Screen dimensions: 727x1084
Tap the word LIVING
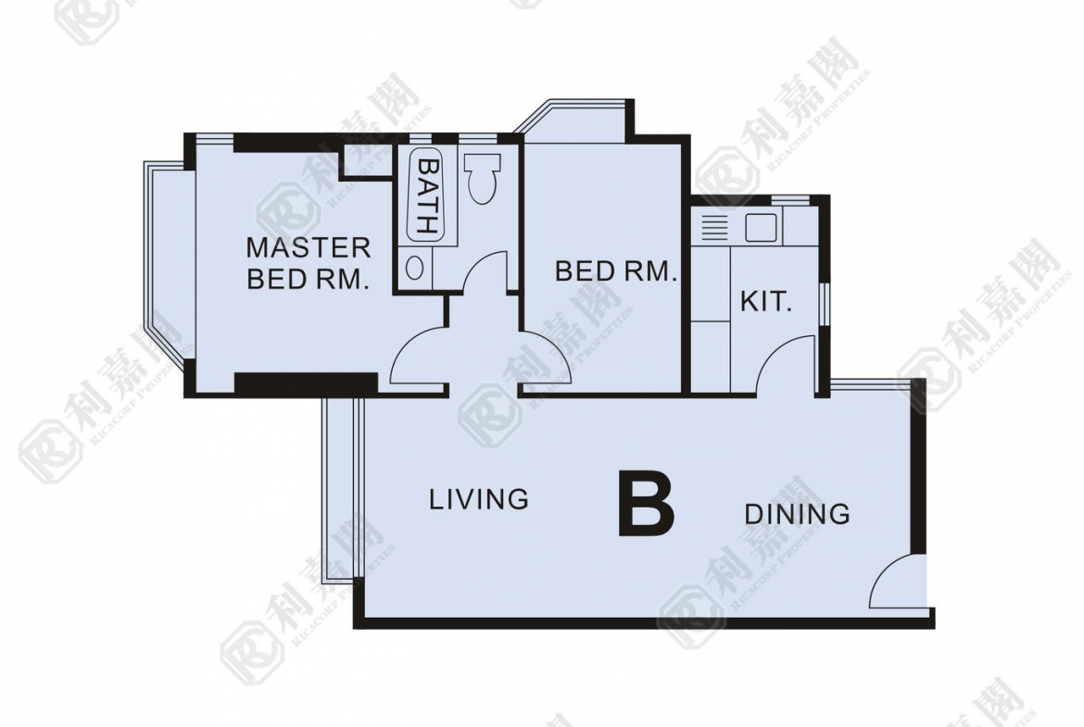coord(478,499)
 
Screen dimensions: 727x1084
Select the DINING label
coord(797,513)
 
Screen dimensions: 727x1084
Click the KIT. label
coord(765,302)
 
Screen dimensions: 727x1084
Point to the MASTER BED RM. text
coord(308,263)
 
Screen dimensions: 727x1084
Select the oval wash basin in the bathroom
coord(415,269)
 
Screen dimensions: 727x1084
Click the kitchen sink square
coord(760,227)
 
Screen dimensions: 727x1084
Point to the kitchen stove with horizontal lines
coord(712,227)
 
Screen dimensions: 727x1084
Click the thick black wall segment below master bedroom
coord(306,383)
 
